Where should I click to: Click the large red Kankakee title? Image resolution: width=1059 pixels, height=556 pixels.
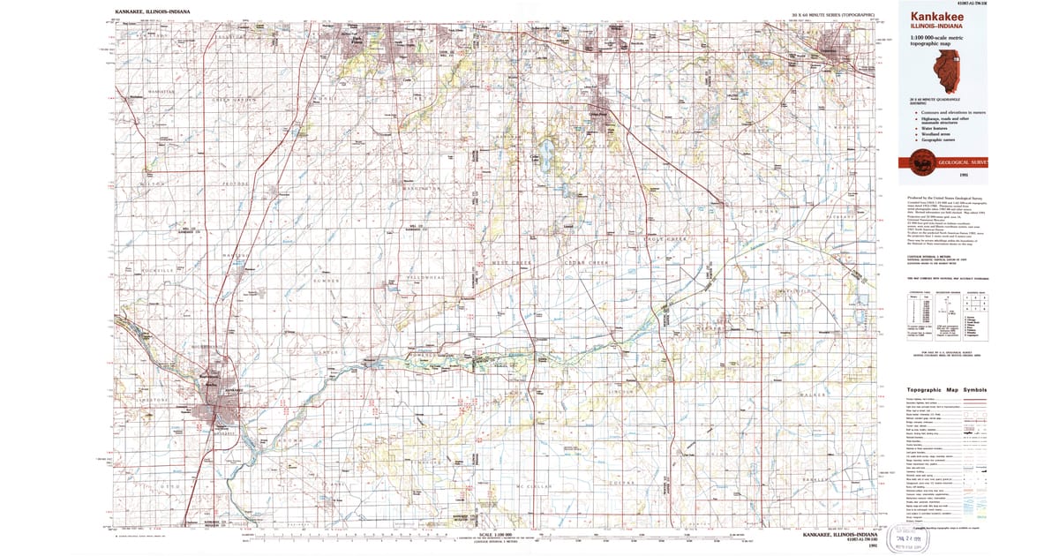pos(931,16)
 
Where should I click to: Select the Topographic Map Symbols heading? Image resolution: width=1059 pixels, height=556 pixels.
pos(943,390)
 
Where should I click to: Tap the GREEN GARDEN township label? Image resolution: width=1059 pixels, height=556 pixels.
pos(235,98)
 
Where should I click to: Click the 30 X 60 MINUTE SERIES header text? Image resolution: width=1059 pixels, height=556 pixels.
pos(832,15)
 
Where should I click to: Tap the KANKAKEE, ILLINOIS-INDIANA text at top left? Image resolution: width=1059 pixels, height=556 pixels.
pos(149,14)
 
